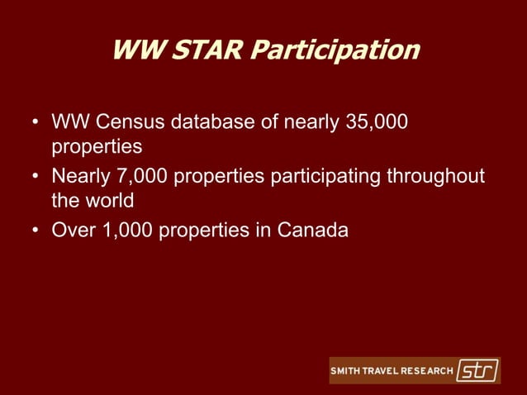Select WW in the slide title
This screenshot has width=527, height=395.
(134, 50)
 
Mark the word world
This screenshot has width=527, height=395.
(111, 201)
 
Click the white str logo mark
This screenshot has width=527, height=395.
(477, 370)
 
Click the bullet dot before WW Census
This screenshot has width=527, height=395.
(36, 124)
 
